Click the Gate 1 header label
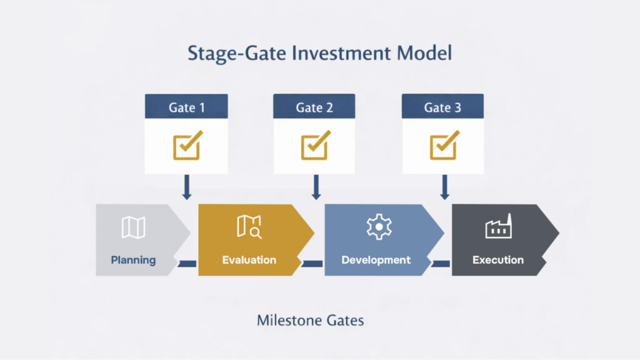186,107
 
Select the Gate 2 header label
314,107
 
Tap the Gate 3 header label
442,107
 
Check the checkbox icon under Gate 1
186,146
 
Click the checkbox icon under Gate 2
314,146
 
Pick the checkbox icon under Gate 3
443,146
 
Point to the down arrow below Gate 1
186,187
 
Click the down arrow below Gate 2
316,187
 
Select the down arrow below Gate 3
444,187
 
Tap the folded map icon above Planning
133,227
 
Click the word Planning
133,260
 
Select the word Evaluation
249,260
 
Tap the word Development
376,260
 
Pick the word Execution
498,260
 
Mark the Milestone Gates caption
310,321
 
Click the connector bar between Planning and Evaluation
187,264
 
